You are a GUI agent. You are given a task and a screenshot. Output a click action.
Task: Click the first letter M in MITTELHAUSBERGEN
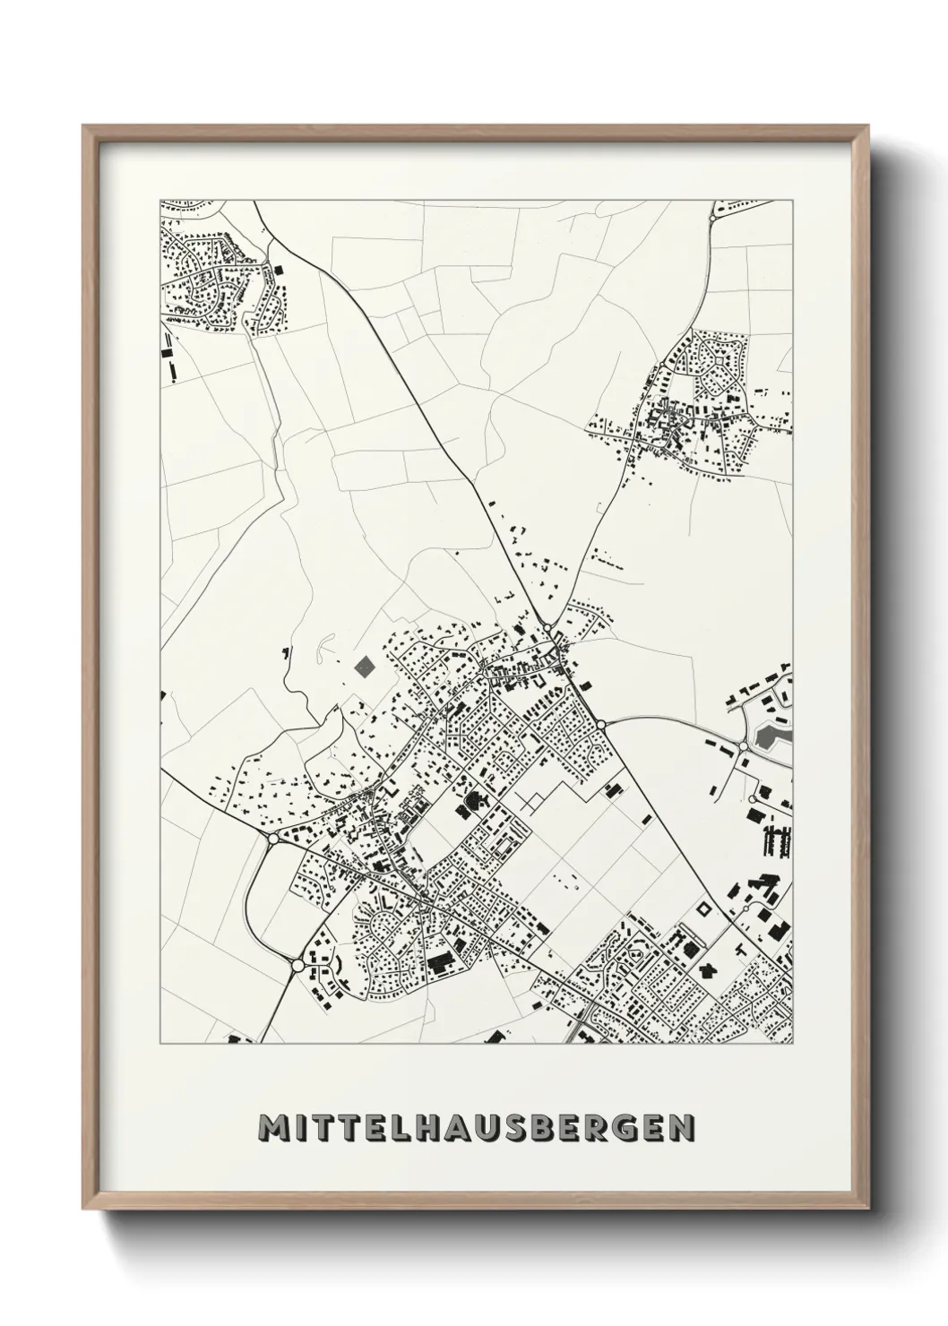[x=271, y=1127]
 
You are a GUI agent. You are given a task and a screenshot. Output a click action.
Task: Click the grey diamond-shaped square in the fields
[x=365, y=666]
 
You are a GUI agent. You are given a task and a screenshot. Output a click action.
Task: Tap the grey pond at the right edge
[x=768, y=737]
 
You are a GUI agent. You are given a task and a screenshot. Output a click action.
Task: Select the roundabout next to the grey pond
[x=743, y=745]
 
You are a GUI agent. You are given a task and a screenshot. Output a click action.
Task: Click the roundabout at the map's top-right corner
[x=714, y=218]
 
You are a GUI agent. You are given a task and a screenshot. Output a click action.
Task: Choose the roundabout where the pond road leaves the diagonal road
[x=601, y=723]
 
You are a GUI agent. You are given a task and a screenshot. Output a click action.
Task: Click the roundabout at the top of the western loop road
[x=272, y=839]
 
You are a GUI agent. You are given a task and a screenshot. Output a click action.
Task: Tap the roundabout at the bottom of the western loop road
[x=297, y=965]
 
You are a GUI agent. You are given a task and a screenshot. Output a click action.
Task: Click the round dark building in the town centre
[x=472, y=797]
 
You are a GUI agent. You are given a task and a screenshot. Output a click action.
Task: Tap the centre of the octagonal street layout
[x=713, y=356]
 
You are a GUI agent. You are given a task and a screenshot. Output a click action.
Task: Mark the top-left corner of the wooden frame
[x=83, y=126]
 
